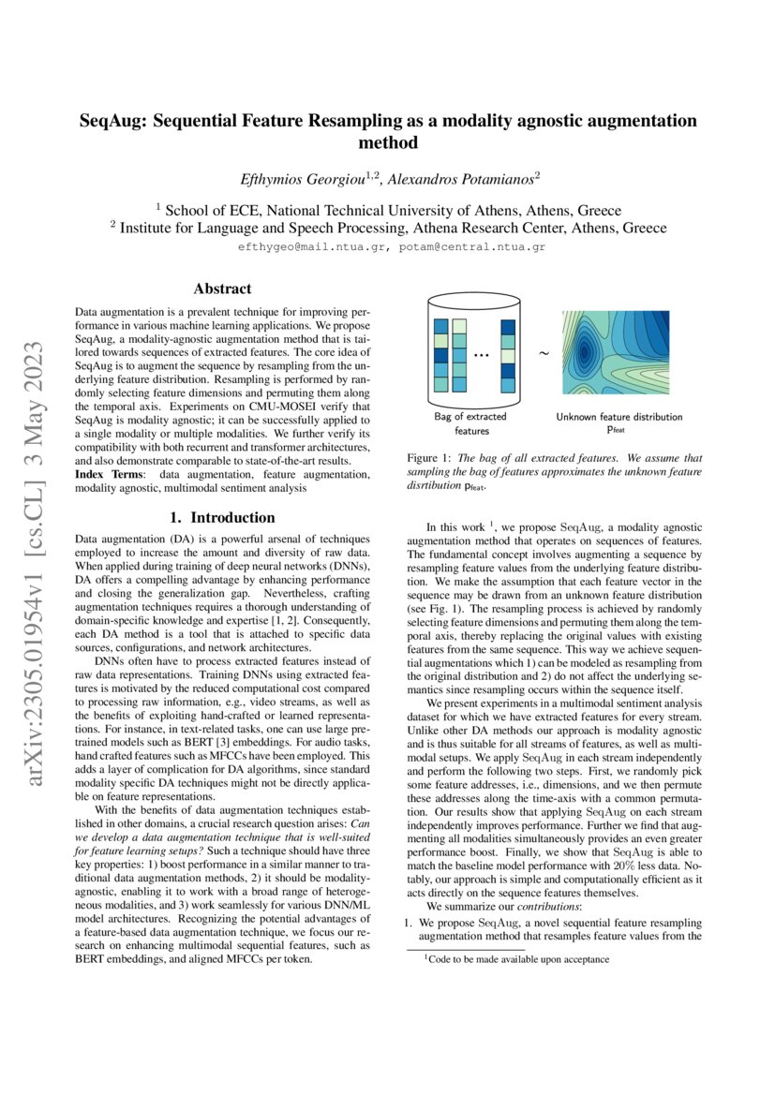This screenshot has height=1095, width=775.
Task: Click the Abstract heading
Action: (x=222, y=289)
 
